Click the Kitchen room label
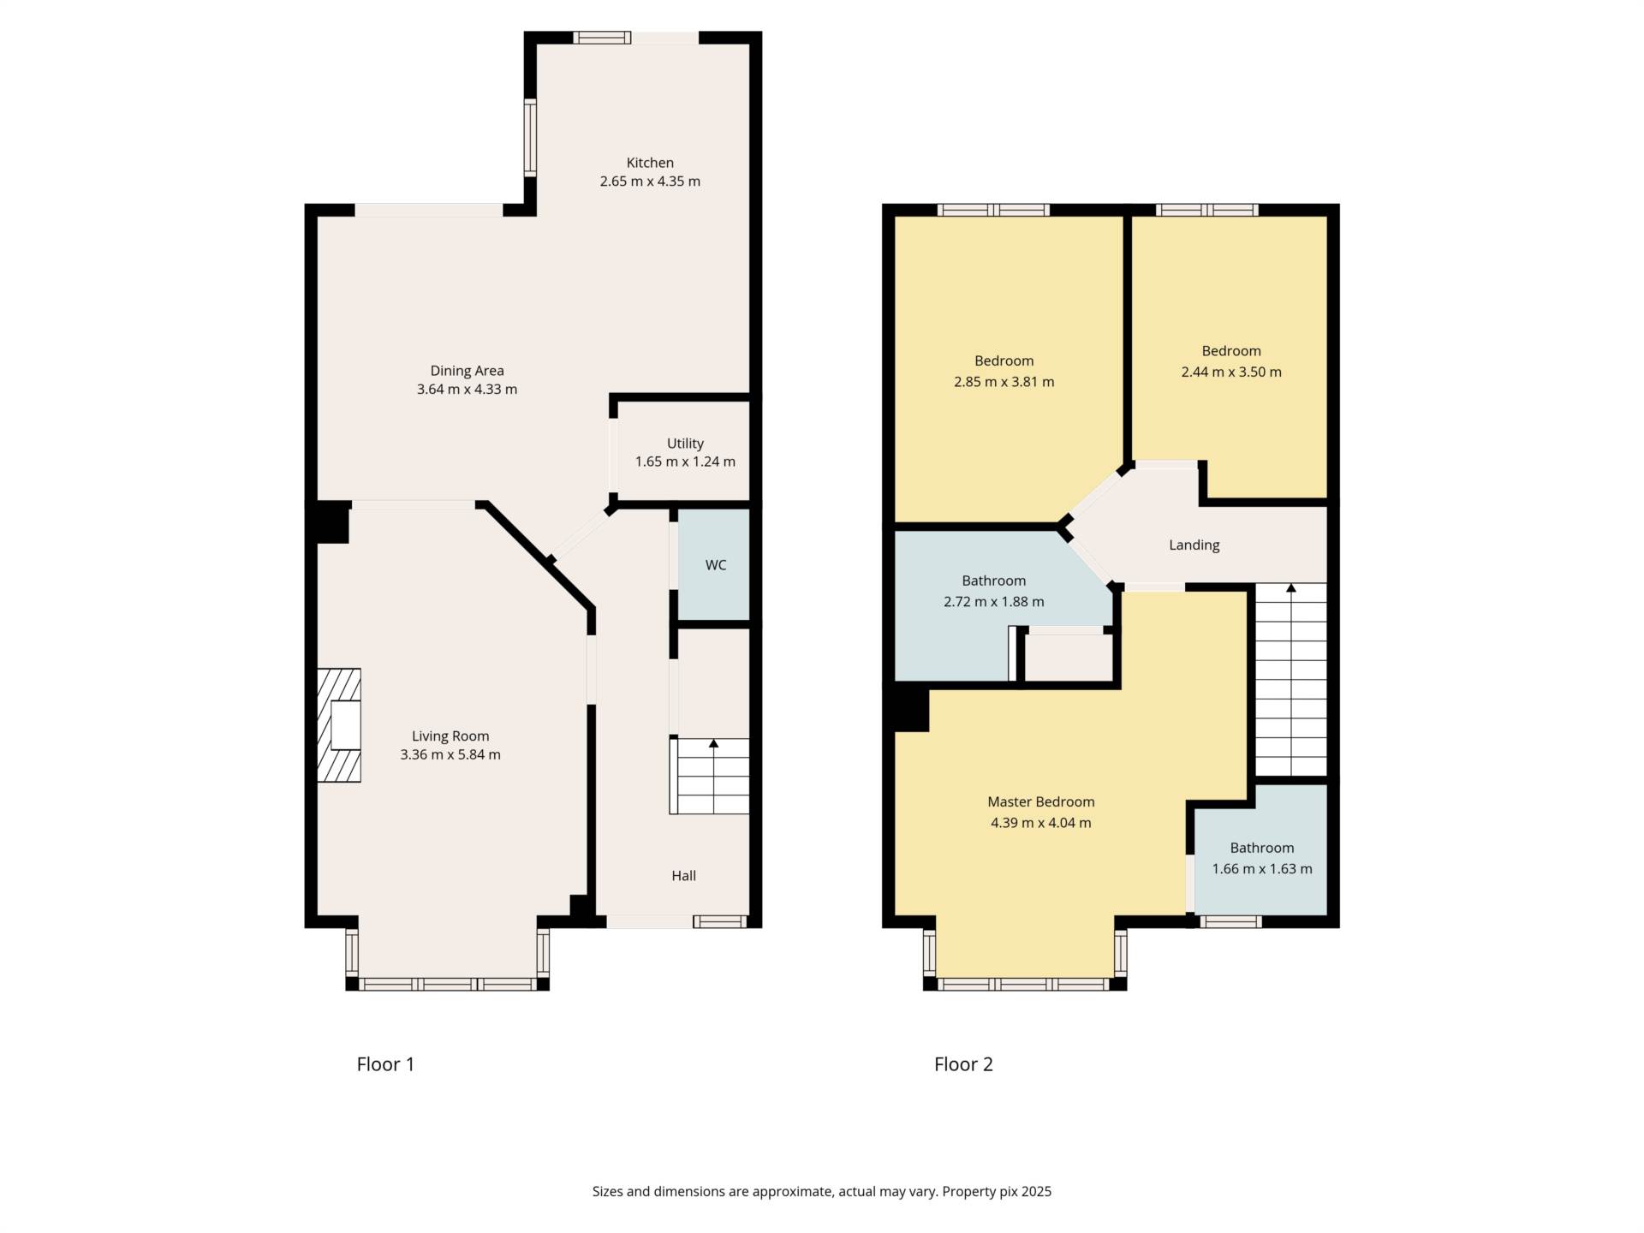point(650,163)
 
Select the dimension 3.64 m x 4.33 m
point(467,389)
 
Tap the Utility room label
point(685,443)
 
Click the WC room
point(715,565)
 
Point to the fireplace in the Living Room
point(339,724)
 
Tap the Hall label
point(683,875)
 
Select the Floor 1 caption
point(385,1064)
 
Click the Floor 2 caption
point(963,1064)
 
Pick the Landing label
point(1194,545)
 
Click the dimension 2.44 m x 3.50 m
point(1230,372)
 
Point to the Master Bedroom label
point(1040,801)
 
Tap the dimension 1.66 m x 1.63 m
point(1261,868)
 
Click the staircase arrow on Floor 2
point(1290,589)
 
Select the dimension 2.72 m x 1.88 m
point(993,601)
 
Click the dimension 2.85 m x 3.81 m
point(1004,382)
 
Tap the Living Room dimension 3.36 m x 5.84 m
point(450,754)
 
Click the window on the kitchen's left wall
point(530,137)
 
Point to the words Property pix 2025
point(997,1191)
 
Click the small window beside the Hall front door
point(719,921)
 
